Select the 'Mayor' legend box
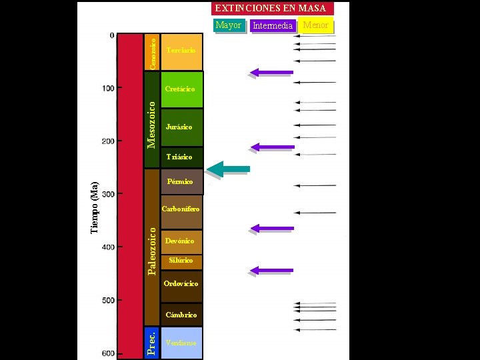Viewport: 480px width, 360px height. pyautogui.click(x=229, y=25)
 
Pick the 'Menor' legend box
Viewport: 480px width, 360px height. pyautogui.click(x=316, y=26)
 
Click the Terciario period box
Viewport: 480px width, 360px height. pyautogui.click(x=181, y=51)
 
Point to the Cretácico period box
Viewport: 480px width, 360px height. pyautogui.click(x=181, y=89)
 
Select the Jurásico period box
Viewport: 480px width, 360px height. pyautogui.click(x=181, y=127)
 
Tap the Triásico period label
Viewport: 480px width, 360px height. pyautogui.click(x=179, y=157)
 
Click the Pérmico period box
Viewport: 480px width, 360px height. pyautogui.click(x=181, y=181)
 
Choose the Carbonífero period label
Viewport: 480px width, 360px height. pyautogui.click(x=181, y=209)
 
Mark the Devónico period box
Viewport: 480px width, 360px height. pyautogui.click(x=181, y=241)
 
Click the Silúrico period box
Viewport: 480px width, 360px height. pyautogui.click(x=181, y=261)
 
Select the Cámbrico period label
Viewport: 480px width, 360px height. pyautogui.click(x=181, y=315)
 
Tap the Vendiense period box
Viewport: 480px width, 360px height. pyautogui.click(x=181, y=343)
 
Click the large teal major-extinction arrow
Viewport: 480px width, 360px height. pyautogui.click(x=229, y=169)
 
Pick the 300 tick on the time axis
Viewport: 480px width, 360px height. pyautogui.click(x=107, y=194)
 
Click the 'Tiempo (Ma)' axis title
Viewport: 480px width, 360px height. pyautogui.click(x=95, y=207)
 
